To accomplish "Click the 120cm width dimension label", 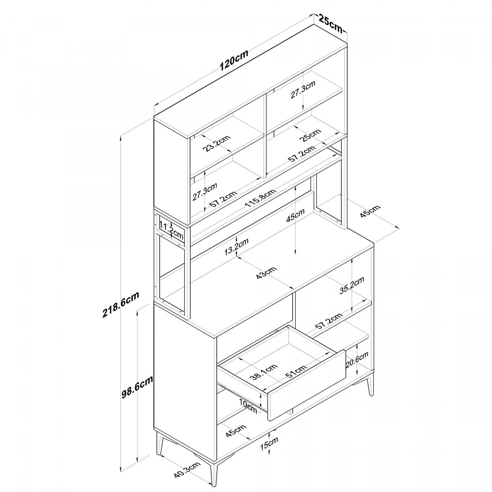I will click(234, 60).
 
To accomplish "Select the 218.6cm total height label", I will click(121, 305).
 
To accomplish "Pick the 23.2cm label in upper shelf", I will click(217, 143).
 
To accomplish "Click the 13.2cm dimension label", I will click(237, 247).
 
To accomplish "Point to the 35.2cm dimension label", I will click(352, 286).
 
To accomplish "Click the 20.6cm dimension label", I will click(357, 361).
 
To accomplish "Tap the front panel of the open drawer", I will click(305, 385).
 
